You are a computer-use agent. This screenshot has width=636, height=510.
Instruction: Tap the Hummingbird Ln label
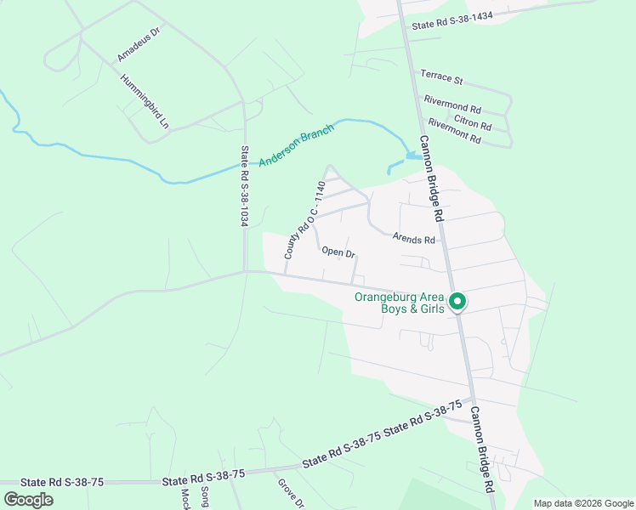(145, 101)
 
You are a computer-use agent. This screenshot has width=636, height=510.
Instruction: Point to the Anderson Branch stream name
(297, 142)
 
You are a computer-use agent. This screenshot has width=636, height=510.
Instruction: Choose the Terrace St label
(441, 79)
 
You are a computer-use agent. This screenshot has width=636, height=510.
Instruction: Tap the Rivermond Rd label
(452, 105)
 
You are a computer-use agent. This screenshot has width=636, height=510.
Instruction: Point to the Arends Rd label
(413, 240)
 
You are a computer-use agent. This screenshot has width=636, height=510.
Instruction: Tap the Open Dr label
(338, 252)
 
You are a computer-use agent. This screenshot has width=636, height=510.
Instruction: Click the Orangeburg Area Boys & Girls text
(400, 303)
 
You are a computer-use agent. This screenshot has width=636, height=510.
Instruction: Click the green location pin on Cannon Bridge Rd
(457, 302)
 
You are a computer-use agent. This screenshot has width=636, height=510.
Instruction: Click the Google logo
(28, 499)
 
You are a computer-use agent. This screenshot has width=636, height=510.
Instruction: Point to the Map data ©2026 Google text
(582, 503)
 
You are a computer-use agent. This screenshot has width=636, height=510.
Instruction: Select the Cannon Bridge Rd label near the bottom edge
(482, 449)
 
